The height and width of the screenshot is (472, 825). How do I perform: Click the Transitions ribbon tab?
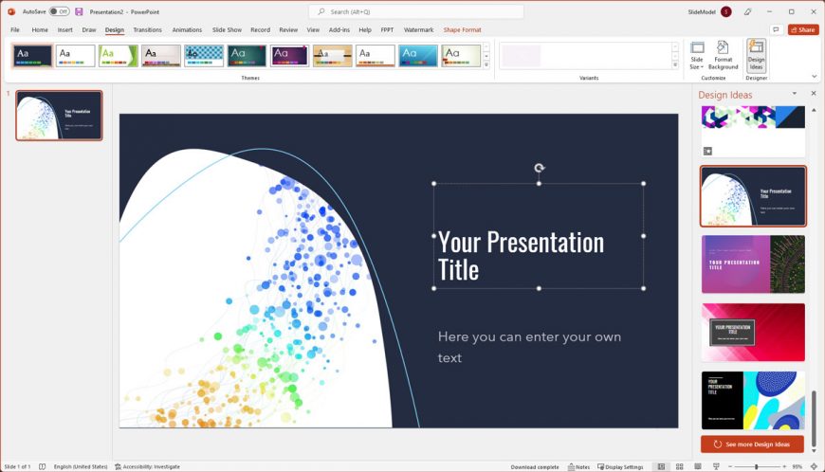[147, 29]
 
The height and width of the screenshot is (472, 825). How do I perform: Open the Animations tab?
[187, 29]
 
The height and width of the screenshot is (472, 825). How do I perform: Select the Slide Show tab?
[227, 29]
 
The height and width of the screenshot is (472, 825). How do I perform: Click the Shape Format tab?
[462, 29]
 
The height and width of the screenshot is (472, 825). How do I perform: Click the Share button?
[802, 29]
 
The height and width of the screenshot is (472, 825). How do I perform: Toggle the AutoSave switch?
[59, 11]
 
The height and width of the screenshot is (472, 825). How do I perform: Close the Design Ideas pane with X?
[813, 94]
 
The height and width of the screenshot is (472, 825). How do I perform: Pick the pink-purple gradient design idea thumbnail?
[753, 264]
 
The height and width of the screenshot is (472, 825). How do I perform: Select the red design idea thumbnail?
[753, 332]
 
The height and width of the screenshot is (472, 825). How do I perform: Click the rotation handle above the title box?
[539, 168]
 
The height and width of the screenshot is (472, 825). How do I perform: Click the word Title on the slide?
[458, 270]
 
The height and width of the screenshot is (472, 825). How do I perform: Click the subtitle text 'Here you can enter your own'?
[529, 336]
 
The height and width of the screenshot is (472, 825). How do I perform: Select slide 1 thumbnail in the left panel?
[59, 116]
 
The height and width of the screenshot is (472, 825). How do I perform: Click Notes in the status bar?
[578, 466]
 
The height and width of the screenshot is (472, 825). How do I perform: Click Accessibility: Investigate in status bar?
[147, 466]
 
